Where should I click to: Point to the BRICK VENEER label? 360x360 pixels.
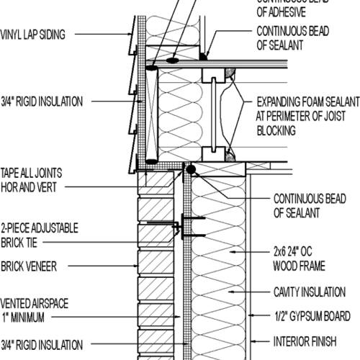click(x=33, y=266)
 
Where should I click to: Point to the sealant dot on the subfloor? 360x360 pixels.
click(x=205, y=54)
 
